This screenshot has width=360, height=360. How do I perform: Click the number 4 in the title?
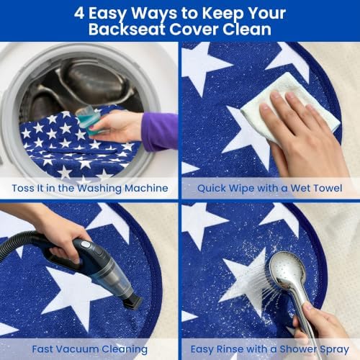[x=79, y=13]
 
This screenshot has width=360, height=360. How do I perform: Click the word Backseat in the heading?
[x=127, y=30]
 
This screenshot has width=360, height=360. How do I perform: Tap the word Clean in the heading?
[x=247, y=30]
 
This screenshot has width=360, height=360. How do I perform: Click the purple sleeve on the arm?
[x=160, y=132]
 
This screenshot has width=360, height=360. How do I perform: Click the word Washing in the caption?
[x=99, y=189]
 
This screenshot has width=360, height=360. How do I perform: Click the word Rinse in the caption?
[x=228, y=349]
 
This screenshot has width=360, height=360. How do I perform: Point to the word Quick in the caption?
[x=212, y=189]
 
